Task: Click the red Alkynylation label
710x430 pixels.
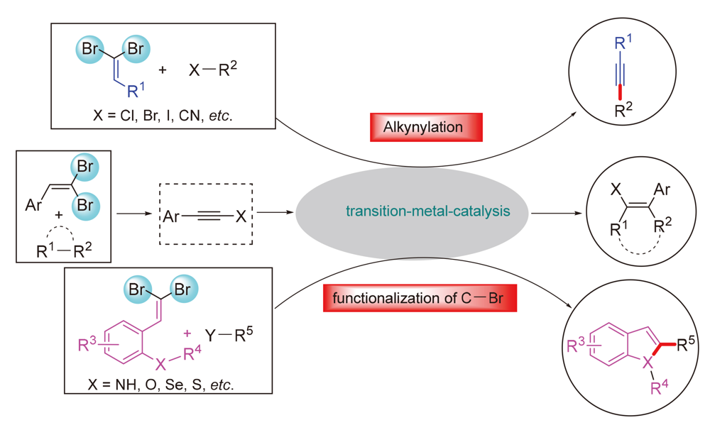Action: coord(426,127)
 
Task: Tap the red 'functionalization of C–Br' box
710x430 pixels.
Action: coord(419,297)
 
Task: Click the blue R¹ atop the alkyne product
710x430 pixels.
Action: coord(621,45)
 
